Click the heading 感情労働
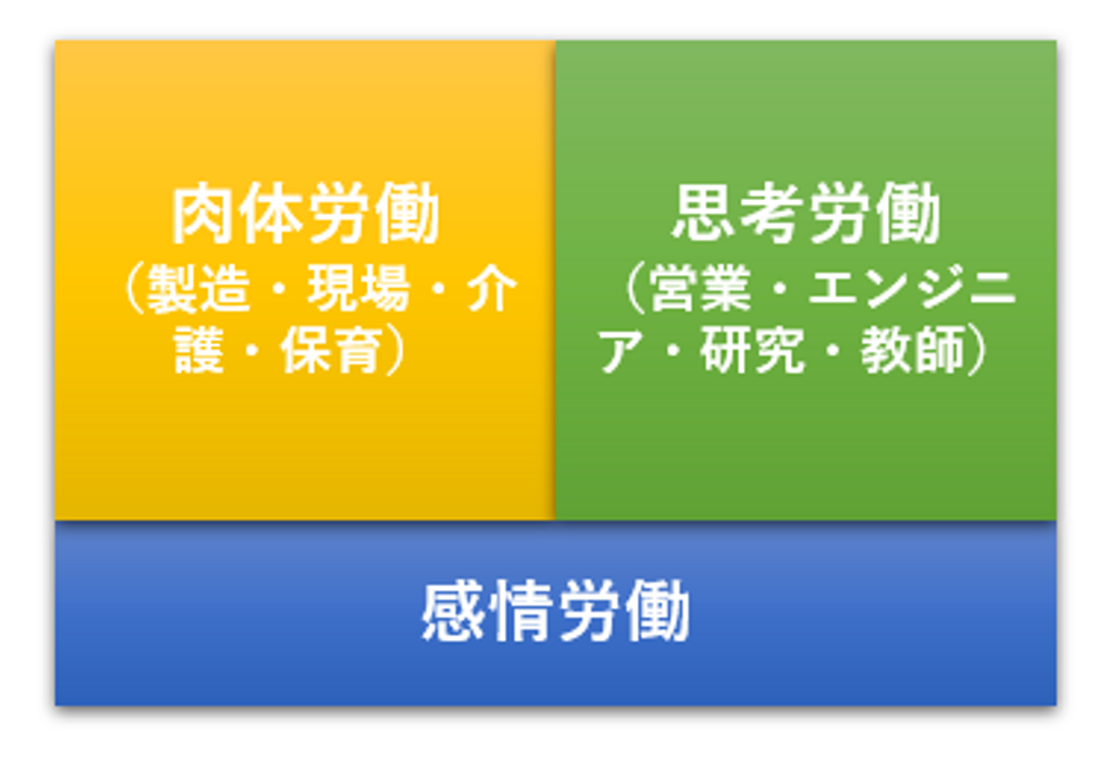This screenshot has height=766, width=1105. click(x=556, y=611)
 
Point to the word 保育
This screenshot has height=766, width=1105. click(x=332, y=349)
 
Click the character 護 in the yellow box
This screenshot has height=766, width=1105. click(x=199, y=349)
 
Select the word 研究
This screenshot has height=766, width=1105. click(x=751, y=349)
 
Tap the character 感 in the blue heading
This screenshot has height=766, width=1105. click(x=453, y=611)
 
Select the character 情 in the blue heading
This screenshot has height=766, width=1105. click(x=520, y=611)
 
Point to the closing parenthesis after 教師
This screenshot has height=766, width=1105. click(x=977, y=349)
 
